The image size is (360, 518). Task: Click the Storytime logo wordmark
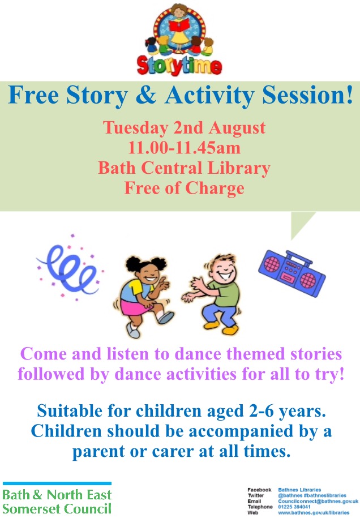click(x=179, y=66)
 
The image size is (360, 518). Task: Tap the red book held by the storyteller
click(x=179, y=24)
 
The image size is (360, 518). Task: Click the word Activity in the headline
click(x=210, y=95)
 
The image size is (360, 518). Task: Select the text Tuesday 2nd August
click(x=184, y=128)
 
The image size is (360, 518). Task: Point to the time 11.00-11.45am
click(x=184, y=148)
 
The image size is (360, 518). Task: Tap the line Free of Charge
click(x=184, y=188)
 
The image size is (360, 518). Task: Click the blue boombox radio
click(x=292, y=273)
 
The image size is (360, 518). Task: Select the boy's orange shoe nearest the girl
click(x=212, y=325)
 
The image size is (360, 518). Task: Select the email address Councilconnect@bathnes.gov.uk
click(x=318, y=501)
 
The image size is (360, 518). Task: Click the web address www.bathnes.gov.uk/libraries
click(x=314, y=513)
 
